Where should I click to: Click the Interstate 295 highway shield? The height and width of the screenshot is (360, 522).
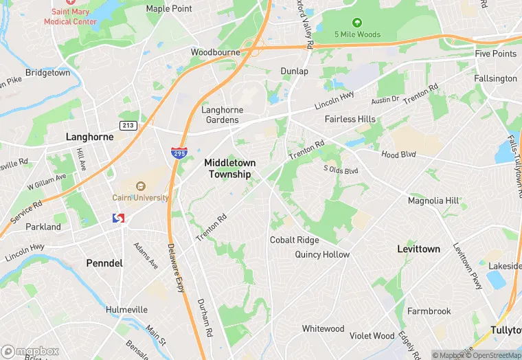(x=177, y=153)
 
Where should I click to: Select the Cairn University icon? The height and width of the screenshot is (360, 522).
(x=141, y=185)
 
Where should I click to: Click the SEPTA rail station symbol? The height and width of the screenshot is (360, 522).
(x=118, y=218)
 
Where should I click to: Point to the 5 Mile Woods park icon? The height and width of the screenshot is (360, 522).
(x=356, y=22)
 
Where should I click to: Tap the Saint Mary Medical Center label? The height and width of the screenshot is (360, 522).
(x=71, y=16)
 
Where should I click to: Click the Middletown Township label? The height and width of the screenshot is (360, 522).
(x=229, y=168)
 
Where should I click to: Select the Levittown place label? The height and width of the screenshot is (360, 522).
(x=418, y=249)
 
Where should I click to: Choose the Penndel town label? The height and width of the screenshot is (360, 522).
(x=104, y=263)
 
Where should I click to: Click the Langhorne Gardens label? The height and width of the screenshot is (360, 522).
(x=220, y=115)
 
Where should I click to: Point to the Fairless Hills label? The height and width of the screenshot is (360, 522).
(x=350, y=119)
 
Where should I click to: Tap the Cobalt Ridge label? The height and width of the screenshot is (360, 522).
(x=294, y=240)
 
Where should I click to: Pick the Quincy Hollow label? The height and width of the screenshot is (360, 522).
(x=322, y=254)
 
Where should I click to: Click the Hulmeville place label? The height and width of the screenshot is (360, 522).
(x=126, y=310)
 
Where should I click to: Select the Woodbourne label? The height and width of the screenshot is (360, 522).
(x=215, y=52)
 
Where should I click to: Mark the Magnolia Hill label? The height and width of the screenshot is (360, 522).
(x=433, y=201)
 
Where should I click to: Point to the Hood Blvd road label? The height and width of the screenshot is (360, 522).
(x=400, y=155)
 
